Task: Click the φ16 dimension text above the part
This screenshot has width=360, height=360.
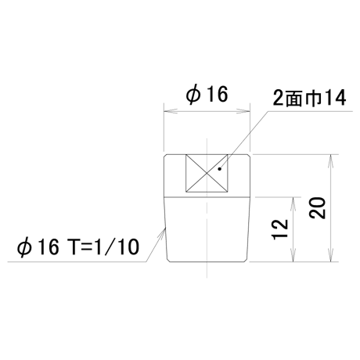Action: point(207,95)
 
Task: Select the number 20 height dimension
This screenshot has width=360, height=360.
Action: point(317,208)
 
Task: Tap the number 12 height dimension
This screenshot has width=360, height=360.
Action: point(279,229)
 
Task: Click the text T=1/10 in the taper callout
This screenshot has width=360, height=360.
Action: point(103,247)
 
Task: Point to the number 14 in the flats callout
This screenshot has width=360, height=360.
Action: point(335,98)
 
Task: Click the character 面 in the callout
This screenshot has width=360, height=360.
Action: point(294,99)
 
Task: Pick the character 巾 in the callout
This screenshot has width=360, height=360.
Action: point(313,99)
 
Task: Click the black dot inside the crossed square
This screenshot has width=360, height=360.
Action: point(220,169)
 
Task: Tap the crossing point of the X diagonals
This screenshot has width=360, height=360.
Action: point(207,173)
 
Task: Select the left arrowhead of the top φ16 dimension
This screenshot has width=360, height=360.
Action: point(171,111)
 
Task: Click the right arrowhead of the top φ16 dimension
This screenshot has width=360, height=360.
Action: point(243,111)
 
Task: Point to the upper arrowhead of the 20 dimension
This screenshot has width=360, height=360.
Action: point(331,161)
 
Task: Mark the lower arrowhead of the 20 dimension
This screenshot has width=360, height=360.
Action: point(331,255)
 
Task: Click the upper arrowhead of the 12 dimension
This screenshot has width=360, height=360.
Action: point(293,204)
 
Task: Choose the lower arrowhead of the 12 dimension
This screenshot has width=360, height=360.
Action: point(293,255)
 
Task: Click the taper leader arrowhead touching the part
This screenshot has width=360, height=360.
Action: point(162,233)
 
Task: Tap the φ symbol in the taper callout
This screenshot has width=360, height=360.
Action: point(24,247)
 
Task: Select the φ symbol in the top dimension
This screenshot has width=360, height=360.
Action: point(193,95)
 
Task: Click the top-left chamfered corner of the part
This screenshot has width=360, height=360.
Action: point(165,156)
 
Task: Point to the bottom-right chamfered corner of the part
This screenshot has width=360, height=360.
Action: point(246,261)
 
